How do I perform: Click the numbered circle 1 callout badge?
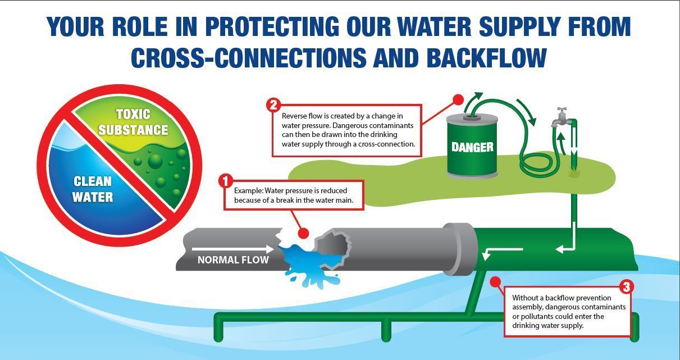point(225,181)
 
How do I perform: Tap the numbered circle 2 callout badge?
point(273,104)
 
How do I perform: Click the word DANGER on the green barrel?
point(472,147)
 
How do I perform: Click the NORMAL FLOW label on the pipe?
point(233,260)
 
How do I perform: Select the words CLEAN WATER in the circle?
point(93,189)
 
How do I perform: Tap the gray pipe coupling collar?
point(459,250)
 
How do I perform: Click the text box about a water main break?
point(294,195)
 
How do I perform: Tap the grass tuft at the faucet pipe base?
point(573,174)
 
